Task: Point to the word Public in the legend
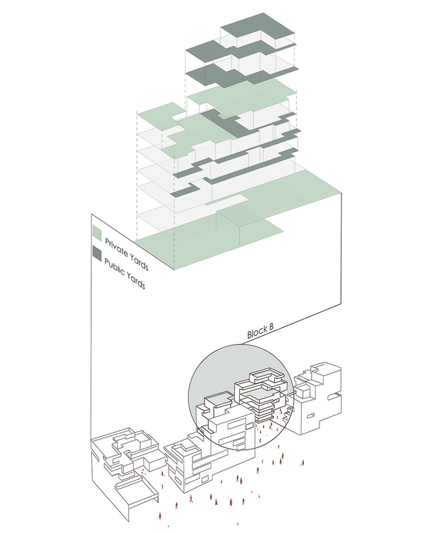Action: pos(113,266)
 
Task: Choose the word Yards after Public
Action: pos(135,281)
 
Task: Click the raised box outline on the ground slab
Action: pos(240,227)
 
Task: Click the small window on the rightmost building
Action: pos(311,416)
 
